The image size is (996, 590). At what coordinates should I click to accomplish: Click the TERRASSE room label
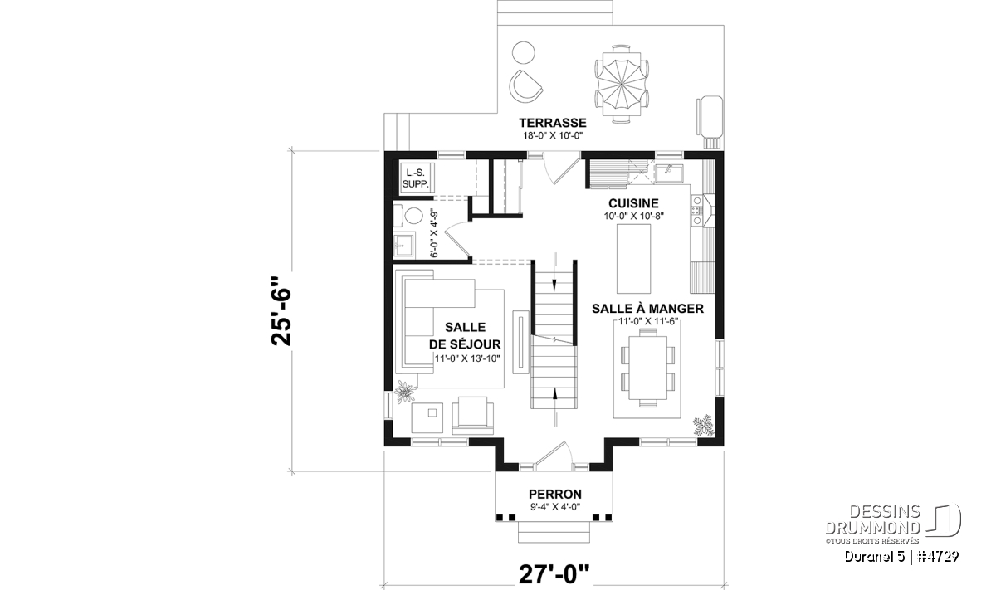point(553,122)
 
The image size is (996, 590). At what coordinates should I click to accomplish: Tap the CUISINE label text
point(633,203)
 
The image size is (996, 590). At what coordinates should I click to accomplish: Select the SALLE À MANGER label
point(647,309)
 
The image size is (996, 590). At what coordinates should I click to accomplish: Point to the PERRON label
point(555,494)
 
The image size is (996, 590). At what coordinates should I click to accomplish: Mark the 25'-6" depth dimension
point(281,311)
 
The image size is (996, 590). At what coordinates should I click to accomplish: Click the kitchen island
point(633,258)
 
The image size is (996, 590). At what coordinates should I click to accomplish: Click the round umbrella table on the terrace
point(621,84)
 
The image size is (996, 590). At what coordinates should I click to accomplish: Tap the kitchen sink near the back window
point(671,173)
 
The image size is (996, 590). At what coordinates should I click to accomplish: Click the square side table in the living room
point(427,417)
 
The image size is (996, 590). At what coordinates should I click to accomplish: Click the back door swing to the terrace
point(562,167)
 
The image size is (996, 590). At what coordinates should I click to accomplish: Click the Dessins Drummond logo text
point(873,520)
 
